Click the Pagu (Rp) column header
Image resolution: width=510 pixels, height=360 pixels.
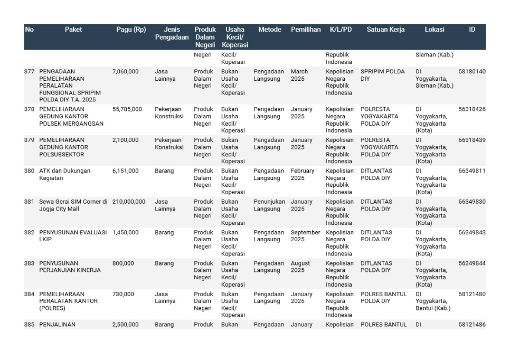pyautogui.click(x=131, y=30)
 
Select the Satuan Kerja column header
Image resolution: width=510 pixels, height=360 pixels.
pyautogui.click(x=385, y=30)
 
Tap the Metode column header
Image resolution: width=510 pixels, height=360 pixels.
pyautogui.click(x=269, y=30)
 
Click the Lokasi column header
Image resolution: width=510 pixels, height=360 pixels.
pyautogui.click(x=434, y=30)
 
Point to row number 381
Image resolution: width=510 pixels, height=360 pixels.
pyautogui.click(x=29, y=202)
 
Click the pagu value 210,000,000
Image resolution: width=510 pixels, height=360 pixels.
pyautogui.click(x=129, y=202)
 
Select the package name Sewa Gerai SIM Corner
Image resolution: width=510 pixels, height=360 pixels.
pyautogui.click(x=73, y=205)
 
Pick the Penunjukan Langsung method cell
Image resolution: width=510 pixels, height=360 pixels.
pyautogui.click(x=269, y=205)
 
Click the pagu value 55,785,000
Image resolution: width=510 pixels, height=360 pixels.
pyautogui.click(x=127, y=109)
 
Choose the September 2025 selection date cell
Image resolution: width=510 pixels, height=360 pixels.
pyautogui.click(x=305, y=235)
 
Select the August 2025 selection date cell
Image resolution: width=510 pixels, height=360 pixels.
pyautogui.click(x=300, y=267)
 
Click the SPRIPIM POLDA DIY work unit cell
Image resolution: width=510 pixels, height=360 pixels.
pyautogui.click(x=383, y=75)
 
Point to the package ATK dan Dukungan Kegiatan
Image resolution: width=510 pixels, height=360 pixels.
pyautogui.click(x=64, y=174)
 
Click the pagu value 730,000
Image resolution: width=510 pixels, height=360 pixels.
pyautogui.click(x=123, y=294)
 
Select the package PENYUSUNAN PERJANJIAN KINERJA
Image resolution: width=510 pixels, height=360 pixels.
pyautogui.click(x=70, y=267)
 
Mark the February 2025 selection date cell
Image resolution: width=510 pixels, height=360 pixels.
pyautogui.click(x=302, y=174)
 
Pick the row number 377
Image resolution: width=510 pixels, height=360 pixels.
pyautogui.click(x=29, y=71)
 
